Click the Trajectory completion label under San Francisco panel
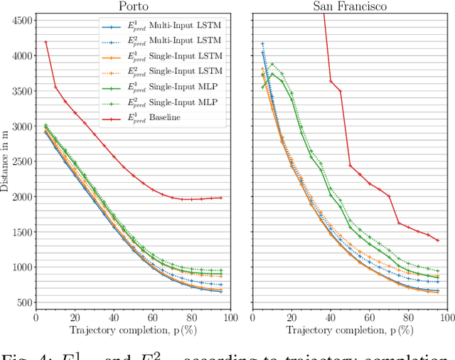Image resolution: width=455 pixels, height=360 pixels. click(x=350, y=330)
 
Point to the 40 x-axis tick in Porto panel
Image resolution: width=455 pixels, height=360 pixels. click(x=114, y=318)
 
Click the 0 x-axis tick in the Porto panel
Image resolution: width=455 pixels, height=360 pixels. click(x=36, y=318)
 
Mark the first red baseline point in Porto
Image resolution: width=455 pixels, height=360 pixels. click(x=46, y=42)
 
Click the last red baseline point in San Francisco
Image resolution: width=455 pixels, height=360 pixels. click(x=437, y=240)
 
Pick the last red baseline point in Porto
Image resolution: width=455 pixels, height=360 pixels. click(x=221, y=198)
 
